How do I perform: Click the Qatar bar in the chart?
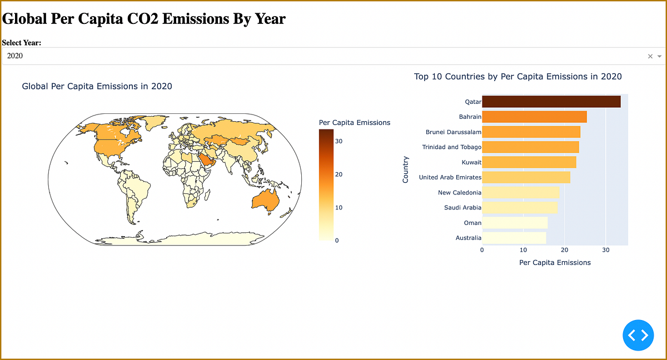551,101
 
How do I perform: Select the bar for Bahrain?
534,117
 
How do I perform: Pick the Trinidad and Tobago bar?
530,147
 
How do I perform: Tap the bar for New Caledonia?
520,192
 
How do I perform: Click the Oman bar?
515,222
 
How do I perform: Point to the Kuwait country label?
471,162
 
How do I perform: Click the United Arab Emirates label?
450,177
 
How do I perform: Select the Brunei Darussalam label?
453,132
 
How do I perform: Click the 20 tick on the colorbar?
339,174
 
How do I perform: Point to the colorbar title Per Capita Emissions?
355,122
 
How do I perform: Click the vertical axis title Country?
405,169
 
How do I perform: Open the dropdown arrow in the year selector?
659,56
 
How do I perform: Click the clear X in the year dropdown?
650,56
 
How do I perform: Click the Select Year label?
22,43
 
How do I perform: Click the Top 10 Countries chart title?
517,77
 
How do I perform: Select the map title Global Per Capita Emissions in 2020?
97,86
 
